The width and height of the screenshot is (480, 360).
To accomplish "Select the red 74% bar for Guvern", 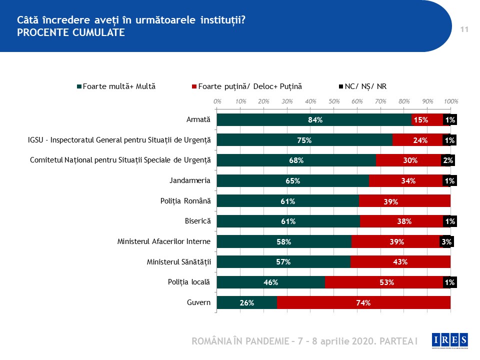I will [x=363, y=302].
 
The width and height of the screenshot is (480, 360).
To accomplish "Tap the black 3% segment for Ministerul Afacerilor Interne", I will [x=446, y=242].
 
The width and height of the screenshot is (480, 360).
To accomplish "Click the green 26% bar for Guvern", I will [x=247, y=302].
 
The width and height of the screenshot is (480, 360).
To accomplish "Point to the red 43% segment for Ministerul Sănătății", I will [x=400, y=262].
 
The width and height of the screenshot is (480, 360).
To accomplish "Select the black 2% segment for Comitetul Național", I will [x=448, y=160].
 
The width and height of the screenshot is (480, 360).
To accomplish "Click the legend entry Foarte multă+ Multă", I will [x=116, y=86].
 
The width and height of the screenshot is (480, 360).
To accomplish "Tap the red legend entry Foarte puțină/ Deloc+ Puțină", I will [x=247, y=86].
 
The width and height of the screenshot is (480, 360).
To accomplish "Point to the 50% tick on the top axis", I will [x=334, y=101].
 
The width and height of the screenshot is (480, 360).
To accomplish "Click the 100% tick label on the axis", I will [x=451, y=101].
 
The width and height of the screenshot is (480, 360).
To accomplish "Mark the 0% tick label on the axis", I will [x=217, y=101].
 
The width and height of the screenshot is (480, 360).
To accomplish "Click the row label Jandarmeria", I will [x=191, y=180].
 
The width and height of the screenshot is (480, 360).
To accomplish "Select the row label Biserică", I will [x=198, y=221].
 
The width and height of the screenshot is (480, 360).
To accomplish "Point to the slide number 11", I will [x=464, y=30].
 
